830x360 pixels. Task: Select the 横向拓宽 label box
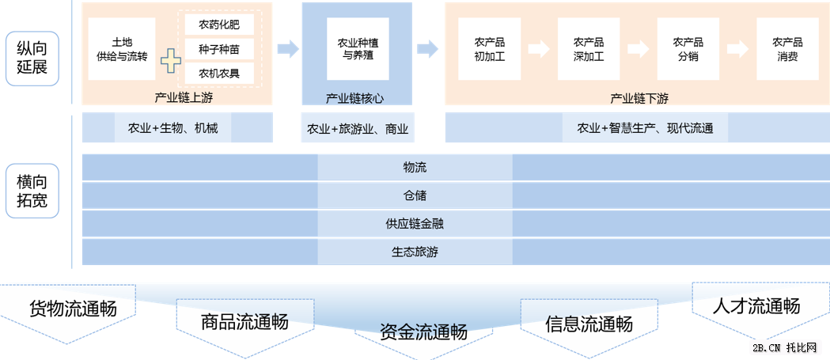tap(32, 191)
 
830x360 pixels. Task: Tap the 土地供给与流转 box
tap(122, 49)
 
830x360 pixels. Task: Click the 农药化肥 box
tap(219, 24)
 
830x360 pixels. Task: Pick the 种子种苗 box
tap(219, 49)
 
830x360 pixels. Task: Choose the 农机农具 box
tap(219, 74)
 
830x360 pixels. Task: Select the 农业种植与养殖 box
tap(358, 49)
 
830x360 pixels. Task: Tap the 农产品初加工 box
tap(490, 49)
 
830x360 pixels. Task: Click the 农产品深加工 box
tap(589, 49)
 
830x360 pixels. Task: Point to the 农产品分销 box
tap(688, 49)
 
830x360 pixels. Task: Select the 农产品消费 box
tap(787, 49)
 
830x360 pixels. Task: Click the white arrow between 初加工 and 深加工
tap(539, 49)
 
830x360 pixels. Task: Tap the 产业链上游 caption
tap(183, 98)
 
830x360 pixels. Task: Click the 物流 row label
tap(415, 167)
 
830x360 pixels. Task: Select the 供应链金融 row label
tap(415, 224)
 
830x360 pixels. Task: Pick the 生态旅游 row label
tap(415, 252)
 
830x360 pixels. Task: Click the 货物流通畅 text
tap(73, 309)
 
